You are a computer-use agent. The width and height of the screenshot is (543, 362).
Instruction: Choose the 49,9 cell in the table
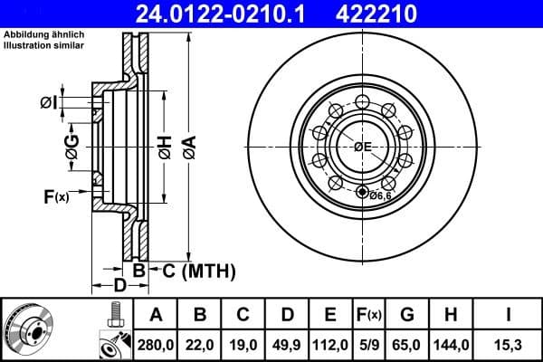coord(287,343)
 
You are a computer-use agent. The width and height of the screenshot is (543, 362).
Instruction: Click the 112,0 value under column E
coord(330,343)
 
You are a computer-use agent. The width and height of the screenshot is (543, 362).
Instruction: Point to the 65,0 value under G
coord(407,343)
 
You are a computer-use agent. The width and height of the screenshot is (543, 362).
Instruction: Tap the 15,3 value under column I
coord(507,343)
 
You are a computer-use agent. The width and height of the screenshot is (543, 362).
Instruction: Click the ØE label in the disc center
coord(363,147)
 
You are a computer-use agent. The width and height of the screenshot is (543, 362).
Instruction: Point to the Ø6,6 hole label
coord(380,193)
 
